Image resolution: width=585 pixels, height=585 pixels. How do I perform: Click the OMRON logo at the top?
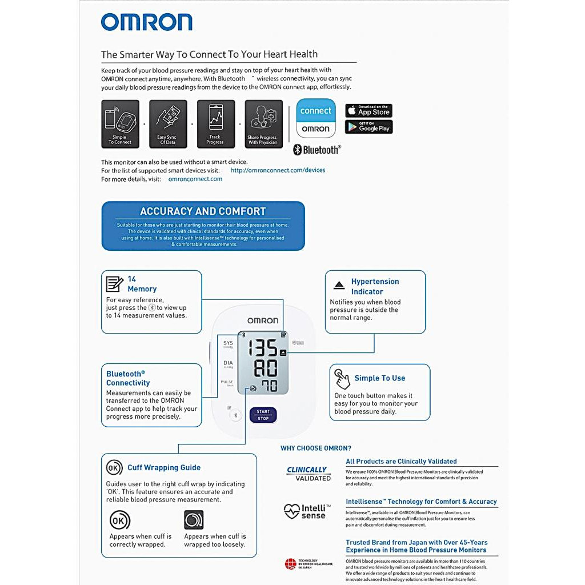[x=146, y=22]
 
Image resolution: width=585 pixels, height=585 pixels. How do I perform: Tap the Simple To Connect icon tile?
[x=120, y=124]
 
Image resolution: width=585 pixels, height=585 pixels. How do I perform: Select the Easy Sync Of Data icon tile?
[x=168, y=124]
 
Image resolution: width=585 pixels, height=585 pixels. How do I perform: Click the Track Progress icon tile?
[x=215, y=124]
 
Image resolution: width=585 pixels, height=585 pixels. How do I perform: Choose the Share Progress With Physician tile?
[x=263, y=124]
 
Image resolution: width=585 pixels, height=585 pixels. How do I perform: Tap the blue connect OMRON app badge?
[x=315, y=118]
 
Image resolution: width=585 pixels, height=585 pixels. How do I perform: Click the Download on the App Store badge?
[x=368, y=110]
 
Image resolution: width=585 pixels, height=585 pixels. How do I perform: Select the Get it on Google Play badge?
[x=368, y=127]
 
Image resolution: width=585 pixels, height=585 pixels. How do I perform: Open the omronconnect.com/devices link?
[x=278, y=170]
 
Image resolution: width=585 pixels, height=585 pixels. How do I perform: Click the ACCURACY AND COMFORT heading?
[x=203, y=211]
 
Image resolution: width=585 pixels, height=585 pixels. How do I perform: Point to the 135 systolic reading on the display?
[x=262, y=348]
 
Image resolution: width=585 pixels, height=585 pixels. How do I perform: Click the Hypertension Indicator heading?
[x=375, y=286]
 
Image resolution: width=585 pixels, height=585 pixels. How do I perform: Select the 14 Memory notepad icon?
[x=114, y=284]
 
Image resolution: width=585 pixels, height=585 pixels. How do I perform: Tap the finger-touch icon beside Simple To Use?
[x=342, y=378]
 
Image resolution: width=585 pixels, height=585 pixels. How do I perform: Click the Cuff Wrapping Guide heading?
[x=164, y=467]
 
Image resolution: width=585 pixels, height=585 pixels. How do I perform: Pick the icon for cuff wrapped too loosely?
[x=194, y=520]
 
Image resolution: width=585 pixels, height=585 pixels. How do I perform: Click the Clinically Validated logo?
[x=308, y=474]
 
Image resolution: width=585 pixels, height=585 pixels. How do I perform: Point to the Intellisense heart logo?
[x=292, y=510]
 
